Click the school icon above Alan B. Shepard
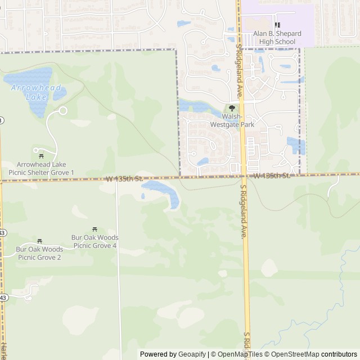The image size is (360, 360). pos(277,25)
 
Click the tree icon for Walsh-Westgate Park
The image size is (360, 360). pos(232,109)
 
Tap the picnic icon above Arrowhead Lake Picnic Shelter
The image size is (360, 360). pos(40,152)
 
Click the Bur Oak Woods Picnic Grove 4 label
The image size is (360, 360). pos(94,241)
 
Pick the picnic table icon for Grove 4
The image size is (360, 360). pos(94,229)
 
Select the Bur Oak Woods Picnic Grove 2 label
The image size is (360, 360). pos(39,253)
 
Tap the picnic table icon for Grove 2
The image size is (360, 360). pos(39,241)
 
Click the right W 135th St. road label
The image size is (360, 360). pos(271,176)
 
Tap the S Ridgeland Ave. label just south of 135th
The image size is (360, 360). pos(244,212)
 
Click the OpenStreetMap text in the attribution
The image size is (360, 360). pos(296,354)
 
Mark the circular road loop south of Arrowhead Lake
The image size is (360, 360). pos(63,111)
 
